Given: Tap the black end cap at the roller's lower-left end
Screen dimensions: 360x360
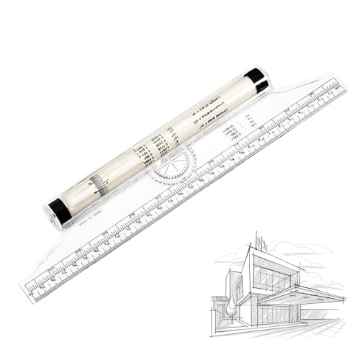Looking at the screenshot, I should pos(59,210).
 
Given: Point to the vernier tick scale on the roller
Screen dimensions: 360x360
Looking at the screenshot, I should pos(99,184).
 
